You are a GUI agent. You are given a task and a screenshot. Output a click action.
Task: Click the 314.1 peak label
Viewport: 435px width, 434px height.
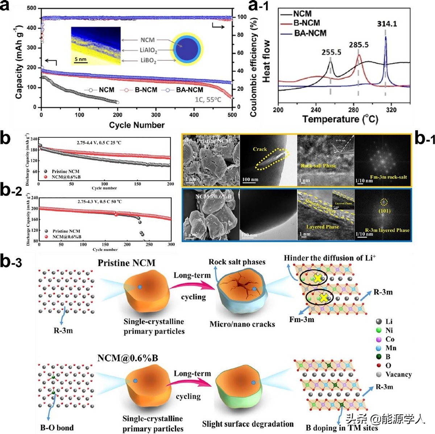387,24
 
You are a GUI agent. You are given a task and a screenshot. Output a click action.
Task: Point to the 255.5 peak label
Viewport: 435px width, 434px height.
331,52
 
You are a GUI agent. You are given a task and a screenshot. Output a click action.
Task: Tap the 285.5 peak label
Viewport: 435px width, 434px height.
359,45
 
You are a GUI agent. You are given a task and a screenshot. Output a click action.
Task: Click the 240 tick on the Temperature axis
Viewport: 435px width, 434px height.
316,110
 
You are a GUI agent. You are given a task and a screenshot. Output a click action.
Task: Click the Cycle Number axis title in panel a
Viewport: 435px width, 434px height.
137,125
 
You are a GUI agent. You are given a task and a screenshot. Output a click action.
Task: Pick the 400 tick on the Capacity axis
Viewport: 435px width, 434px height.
32,28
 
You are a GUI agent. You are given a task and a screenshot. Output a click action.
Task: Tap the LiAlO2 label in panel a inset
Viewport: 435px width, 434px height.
148,50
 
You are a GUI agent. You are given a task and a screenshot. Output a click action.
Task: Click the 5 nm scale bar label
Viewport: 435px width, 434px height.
80,59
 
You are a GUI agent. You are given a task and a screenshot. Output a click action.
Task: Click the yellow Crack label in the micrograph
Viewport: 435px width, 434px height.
260,149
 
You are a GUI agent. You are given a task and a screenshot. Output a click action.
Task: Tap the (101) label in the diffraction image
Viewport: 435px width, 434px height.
384,211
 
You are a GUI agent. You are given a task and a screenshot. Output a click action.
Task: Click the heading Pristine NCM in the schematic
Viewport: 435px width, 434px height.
126,263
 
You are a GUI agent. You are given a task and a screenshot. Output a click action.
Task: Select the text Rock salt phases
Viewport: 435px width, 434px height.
237,262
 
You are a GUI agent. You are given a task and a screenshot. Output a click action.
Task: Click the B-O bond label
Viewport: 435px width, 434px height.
57,427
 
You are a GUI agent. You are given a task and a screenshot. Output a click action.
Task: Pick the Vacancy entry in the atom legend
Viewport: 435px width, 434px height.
398,374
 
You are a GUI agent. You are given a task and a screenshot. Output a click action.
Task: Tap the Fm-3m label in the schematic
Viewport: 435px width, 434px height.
302,320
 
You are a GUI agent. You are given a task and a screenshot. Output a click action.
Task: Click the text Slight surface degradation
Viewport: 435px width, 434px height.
248,424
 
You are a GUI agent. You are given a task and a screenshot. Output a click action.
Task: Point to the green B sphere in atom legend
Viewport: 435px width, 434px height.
379,357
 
